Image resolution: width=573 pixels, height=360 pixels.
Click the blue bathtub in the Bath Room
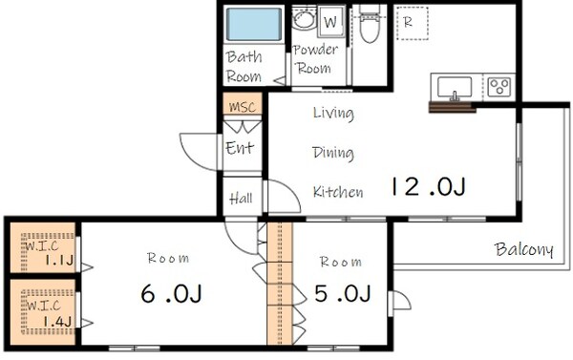[x=254, y=24]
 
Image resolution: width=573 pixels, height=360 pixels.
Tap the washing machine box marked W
[x=330, y=21]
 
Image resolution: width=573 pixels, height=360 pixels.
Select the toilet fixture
[x=370, y=23]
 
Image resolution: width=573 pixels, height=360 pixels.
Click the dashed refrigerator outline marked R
[x=412, y=23]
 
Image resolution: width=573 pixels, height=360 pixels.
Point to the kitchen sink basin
[x=455, y=87]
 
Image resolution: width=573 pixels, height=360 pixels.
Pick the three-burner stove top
[x=499, y=87]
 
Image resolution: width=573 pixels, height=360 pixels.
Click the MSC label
[x=243, y=107]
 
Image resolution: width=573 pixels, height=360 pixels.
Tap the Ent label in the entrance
[x=240, y=148]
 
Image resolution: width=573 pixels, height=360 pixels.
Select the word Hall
[x=241, y=199]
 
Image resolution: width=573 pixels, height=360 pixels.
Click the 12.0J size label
[x=428, y=187]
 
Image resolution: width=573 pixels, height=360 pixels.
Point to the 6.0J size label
[x=171, y=293]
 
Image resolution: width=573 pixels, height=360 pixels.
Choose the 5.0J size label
[x=343, y=293]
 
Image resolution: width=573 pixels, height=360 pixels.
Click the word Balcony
[x=524, y=250]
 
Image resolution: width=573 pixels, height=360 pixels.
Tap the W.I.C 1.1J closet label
[x=49, y=252]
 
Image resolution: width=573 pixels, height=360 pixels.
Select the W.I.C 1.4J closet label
[x=49, y=313]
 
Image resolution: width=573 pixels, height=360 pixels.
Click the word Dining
[x=333, y=153]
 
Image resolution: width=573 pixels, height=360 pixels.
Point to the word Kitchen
[x=338, y=192]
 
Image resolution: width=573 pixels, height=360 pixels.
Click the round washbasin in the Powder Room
[x=304, y=19]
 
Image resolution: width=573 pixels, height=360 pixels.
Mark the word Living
[x=333, y=114]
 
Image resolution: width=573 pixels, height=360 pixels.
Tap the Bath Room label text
[x=244, y=67]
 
